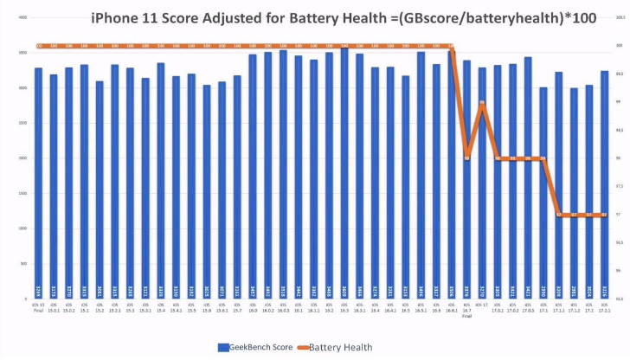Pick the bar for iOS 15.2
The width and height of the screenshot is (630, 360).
(100, 190)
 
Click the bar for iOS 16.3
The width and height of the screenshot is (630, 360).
(344, 173)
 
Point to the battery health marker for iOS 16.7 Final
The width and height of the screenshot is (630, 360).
(467, 158)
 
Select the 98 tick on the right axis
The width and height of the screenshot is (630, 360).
(618, 158)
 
